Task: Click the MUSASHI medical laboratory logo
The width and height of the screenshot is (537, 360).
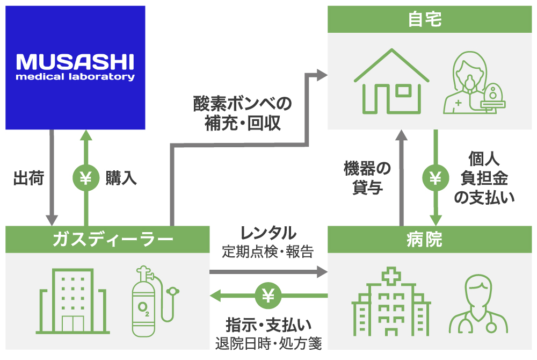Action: [x=75, y=67]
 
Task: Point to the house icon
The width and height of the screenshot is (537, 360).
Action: [x=390, y=82]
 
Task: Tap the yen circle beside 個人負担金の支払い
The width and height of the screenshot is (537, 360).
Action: [x=435, y=178]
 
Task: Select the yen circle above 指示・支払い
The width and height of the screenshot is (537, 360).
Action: [x=268, y=295]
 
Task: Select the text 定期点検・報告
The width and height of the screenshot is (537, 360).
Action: [x=268, y=251]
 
